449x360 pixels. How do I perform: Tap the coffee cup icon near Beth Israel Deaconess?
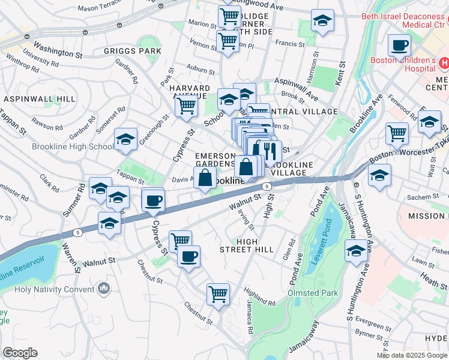coord(399,45)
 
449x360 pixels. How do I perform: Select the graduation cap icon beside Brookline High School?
coord(125,139)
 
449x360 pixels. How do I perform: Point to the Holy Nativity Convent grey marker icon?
coord(104,289)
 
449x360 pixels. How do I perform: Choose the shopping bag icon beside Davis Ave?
coord(205,178)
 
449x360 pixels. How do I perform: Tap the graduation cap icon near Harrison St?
coord(323,22)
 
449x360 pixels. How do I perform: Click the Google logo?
coord(20,352)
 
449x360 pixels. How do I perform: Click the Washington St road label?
coord(58,50)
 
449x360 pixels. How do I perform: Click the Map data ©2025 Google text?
coord(411,355)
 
